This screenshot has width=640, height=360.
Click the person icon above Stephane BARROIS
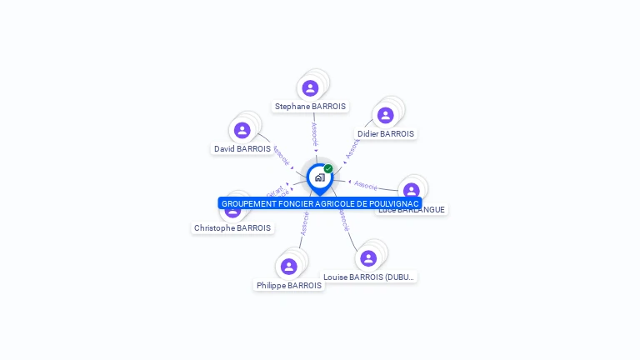tap(310, 88)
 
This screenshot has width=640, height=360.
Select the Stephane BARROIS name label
tap(311, 107)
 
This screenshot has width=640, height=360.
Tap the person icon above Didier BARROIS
tap(385, 116)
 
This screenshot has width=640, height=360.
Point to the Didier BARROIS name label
tap(385, 133)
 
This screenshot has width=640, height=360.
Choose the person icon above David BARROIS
tap(242, 130)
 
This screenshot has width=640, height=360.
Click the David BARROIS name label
tap(242, 149)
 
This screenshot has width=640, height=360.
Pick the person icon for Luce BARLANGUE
tap(411, 191)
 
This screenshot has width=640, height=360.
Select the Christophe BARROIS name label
tap(232, 227)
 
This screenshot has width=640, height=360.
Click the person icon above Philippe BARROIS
tap(289, 267)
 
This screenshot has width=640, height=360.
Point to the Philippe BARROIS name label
tap(289, 285)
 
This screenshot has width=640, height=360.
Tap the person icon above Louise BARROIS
tap(368, 258)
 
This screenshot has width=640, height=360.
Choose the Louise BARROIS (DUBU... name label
tap(369, 277)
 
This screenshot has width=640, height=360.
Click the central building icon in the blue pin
tap(319, 177)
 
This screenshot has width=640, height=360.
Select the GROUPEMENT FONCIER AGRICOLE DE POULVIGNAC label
tap(320, 203)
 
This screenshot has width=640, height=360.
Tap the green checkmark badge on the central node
tap(328, 168)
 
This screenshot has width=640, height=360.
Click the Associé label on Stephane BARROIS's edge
tap(314, 134)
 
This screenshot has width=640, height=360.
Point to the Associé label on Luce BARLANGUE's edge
tap(366, 184)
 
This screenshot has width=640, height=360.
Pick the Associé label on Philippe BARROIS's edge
tap(305, 224)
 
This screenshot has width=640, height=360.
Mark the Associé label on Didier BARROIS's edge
tap(352, 148)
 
